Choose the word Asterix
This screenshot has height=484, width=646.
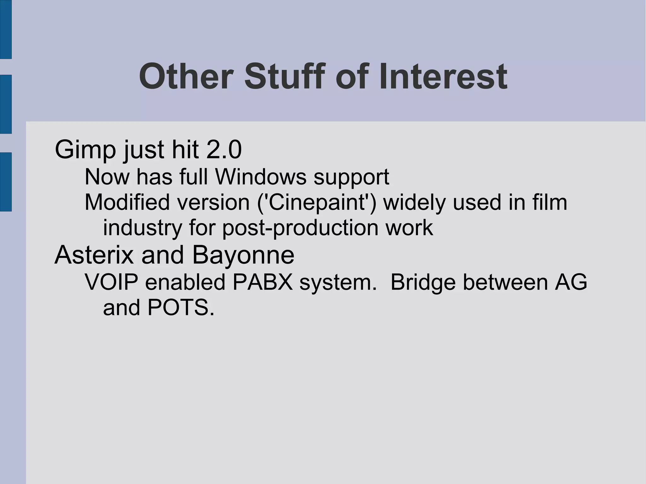point(94,255)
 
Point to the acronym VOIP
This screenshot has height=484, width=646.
point(111,282)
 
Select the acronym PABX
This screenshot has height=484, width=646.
point(263,282)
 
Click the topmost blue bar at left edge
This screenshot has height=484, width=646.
point(6,29)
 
